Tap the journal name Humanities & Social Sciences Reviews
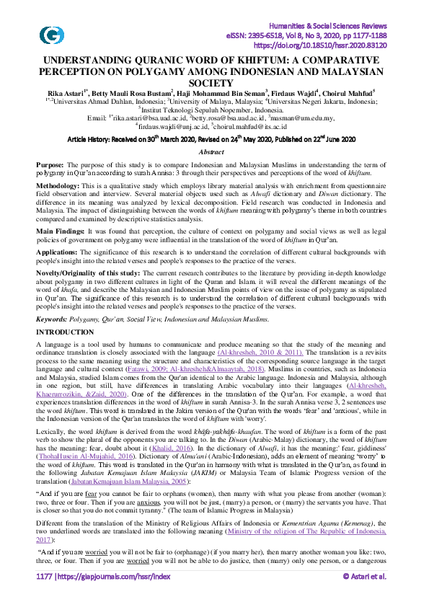point(339,25)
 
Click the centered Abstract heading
point(214,152)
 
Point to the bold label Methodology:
point(61,185)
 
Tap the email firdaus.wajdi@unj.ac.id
point(171,124)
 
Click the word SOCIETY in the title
point(215,83)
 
